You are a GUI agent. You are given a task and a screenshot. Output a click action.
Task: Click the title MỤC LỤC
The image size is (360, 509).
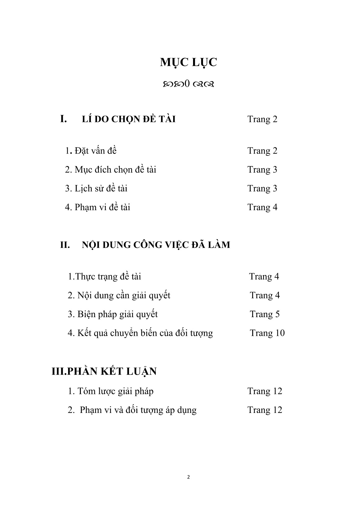coord(188,62)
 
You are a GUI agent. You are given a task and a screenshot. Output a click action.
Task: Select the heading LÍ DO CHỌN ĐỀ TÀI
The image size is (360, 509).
coord(129,119)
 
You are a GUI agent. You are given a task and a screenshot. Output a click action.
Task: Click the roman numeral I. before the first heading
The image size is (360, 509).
coord(63,119)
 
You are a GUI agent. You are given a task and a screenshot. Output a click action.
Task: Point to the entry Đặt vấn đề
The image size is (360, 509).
coord(91,151)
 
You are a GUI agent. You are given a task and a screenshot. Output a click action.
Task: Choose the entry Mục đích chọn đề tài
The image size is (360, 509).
coord(110,170)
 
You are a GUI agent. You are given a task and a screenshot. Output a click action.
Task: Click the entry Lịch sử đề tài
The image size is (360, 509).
coord(96,188)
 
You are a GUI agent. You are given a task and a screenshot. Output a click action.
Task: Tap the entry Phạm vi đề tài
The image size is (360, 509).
coord(97,207)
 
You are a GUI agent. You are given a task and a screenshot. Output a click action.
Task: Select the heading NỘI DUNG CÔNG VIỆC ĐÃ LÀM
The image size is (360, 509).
coord(156,245)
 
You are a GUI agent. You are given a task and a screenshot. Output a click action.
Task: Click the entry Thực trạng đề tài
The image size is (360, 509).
coord(104,276)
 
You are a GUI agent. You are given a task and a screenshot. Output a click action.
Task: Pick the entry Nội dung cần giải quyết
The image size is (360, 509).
coord(119,295)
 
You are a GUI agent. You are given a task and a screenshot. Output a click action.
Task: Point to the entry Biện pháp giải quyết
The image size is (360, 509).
coord(113,314)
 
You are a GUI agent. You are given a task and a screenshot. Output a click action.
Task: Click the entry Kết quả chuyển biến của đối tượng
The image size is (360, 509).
coord(140,333)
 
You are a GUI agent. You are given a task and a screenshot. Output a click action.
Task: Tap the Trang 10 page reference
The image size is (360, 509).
coord(267,333)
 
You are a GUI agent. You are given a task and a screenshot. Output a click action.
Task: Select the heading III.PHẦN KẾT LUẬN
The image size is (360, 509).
coord(104,371)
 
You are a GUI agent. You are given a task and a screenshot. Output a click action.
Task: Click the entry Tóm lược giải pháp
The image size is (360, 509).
coord(111,391)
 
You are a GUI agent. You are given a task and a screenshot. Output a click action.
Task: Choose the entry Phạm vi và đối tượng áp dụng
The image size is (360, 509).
coord(132,410)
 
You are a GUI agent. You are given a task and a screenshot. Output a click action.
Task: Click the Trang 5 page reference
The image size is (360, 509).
coord(265,314)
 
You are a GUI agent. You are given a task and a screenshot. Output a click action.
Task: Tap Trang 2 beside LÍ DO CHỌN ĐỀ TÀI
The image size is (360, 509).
coord(262,119)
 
